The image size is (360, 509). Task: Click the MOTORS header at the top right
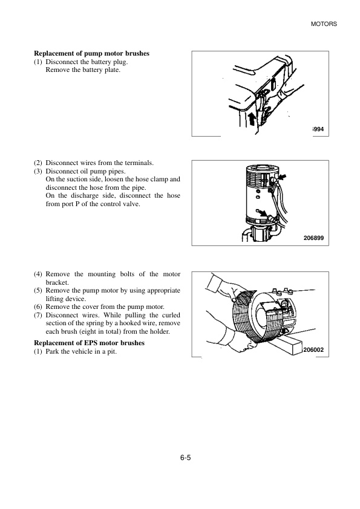coord(324,24)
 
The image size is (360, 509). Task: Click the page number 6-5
coord(186,458)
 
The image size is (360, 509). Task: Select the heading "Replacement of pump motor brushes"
coord(91,54)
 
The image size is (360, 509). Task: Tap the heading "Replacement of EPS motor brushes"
coord(90,343)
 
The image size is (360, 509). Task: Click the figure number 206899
coord(313,238)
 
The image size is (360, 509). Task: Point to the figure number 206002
coord(313,350)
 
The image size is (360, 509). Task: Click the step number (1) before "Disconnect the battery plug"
coord(38,62)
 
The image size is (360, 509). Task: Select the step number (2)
coord(38,163)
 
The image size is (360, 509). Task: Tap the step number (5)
coord(38,291)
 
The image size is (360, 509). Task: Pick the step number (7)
coord(38,315)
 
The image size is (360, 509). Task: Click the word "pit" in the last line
coord(111,352)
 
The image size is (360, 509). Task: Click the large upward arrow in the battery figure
coord(251,119)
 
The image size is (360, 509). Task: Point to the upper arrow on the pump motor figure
coord(283,177)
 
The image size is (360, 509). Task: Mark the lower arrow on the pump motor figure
coord(263,213)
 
